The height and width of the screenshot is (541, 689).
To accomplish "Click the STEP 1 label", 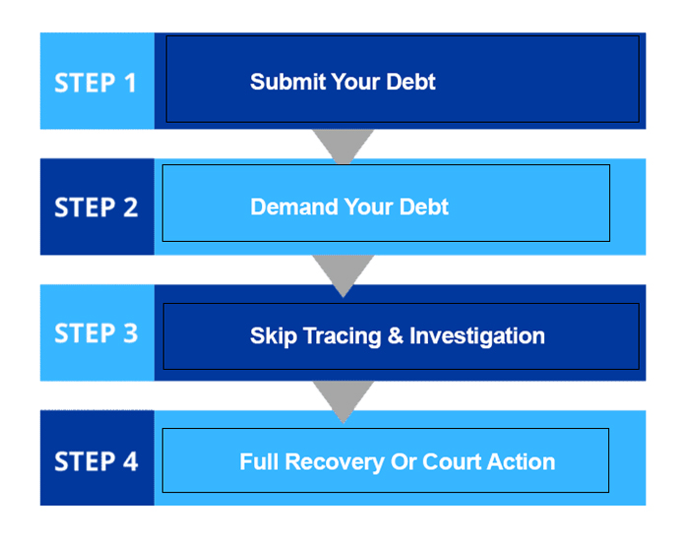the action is tap(94, 83).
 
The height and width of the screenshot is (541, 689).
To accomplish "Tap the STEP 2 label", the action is tap(95, 208).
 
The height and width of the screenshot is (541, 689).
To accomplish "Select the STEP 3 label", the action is tap(95, 332).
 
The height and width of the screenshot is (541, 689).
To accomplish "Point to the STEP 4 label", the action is tap(95, 461).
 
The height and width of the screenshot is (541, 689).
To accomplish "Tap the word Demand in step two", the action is tap(294, 207).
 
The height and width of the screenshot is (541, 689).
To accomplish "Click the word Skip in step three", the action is tap(274, 336).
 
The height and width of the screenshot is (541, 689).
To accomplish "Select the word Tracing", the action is tap(342, 336).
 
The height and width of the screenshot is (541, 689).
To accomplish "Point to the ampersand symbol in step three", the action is tap(396, 335).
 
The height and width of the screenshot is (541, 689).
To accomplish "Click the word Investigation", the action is tap(477, 336).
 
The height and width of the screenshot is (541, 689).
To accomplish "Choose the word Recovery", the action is tap(335, 463).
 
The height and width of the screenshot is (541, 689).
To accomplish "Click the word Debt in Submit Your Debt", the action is tap(410, 82).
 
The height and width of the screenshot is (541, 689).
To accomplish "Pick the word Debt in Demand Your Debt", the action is tap(424, 207).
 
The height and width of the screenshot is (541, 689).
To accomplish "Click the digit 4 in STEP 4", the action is tap(131, 461).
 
